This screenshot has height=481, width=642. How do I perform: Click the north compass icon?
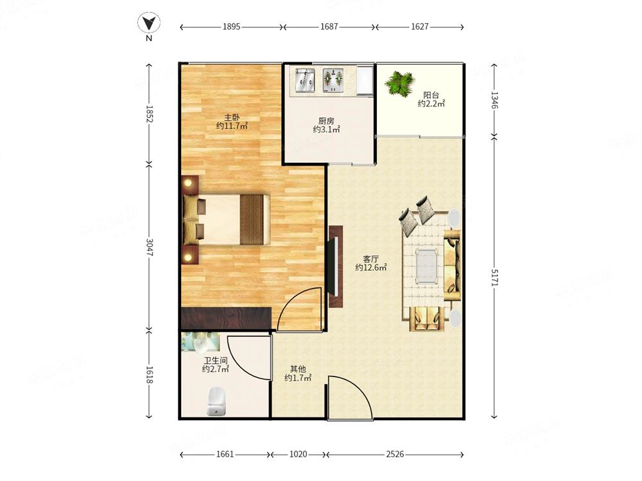tap(149, 23)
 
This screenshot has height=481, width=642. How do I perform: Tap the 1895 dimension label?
tap(231, 27)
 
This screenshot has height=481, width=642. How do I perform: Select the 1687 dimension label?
tap(329, 27)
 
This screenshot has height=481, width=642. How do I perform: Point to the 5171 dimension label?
tap(494, 278)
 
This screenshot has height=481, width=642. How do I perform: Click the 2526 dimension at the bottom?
tap(395, 455)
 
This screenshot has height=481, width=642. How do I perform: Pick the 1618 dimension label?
tap(149, 375)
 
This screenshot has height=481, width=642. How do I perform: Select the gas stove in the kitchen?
tap(333, 80)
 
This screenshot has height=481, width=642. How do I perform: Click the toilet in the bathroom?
tap(216, 401)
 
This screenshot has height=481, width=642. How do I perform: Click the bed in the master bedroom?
tap(227, 219)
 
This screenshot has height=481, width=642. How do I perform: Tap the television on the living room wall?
tap(336, 266)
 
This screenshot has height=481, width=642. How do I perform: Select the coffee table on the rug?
tap(426, 266)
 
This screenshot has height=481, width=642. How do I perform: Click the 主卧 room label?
tap(232, 117)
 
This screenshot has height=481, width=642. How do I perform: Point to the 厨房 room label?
tap(326, 121)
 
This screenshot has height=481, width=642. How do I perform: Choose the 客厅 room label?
tap(371, 259)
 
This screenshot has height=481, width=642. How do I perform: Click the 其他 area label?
tap(298, 369)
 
